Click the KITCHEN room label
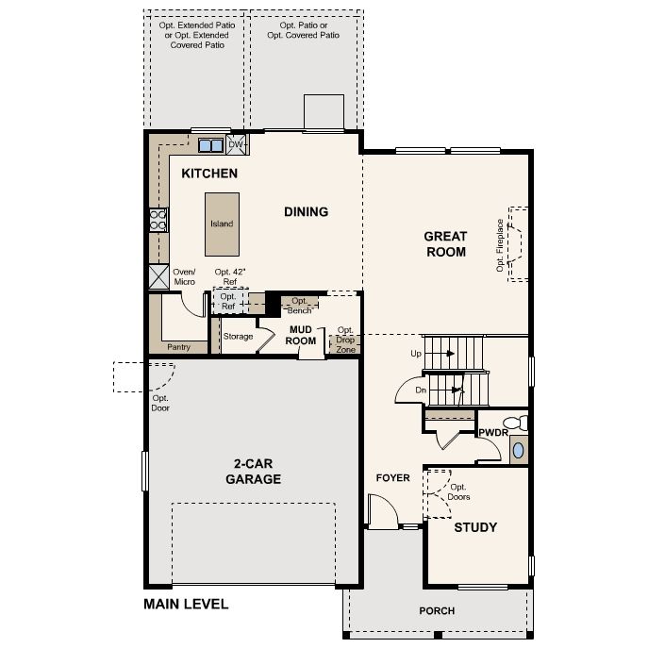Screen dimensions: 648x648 click(209, 174)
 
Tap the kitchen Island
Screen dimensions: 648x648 click(222, 224)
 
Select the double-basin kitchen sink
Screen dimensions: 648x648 click(210, 145)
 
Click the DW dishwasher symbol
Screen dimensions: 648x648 click(236, 144)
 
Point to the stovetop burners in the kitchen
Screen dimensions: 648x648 click(158, 220)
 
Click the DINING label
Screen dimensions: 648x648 click(307, 212)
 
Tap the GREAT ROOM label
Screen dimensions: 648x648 click(446, 244)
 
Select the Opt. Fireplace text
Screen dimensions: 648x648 click(500, 245)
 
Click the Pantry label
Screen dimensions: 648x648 click(179, 347)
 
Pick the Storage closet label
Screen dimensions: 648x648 click(238, 337)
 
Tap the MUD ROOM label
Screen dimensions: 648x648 click(301, 335)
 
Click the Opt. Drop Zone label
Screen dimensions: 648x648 click(345, 340)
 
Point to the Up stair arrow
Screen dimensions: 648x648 click(450, 354)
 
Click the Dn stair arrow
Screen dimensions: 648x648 click(457, 390)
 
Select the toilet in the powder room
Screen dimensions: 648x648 click(516, 424)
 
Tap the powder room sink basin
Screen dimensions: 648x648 click(518, 451)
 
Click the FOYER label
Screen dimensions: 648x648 click(393, 478)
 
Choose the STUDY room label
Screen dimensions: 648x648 click(475, 527)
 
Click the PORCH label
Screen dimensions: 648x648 click(437, 611)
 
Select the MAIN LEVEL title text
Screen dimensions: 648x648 click(186, 605)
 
